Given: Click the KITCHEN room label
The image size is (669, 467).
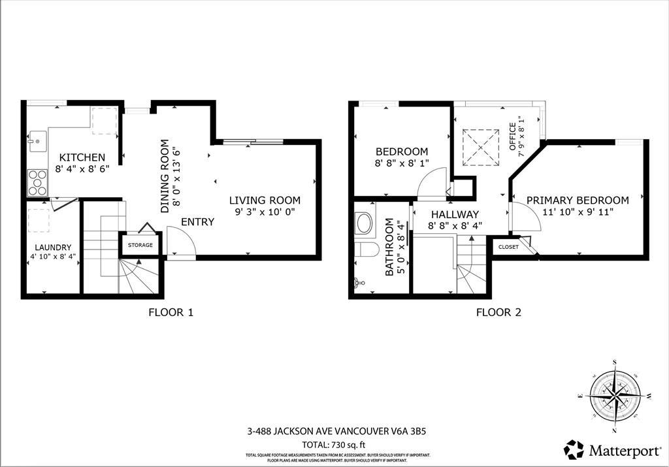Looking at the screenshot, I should tap(82, 157).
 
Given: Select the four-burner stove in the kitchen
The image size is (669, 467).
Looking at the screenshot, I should tap(37, 182).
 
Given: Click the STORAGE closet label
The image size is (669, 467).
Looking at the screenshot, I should tap(140, 245).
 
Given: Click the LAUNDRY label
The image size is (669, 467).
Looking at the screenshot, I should tap(54, 247).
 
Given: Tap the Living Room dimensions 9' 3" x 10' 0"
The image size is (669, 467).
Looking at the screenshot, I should tap(264, 212).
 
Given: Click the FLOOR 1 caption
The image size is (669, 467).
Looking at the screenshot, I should tap(171, 312).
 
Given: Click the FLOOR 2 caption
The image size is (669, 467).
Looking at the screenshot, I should tap(498, 312).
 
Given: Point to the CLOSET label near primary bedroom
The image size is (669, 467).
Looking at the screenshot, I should tap(508, 247).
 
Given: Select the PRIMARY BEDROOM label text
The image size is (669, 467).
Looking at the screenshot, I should tap(578, 201).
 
